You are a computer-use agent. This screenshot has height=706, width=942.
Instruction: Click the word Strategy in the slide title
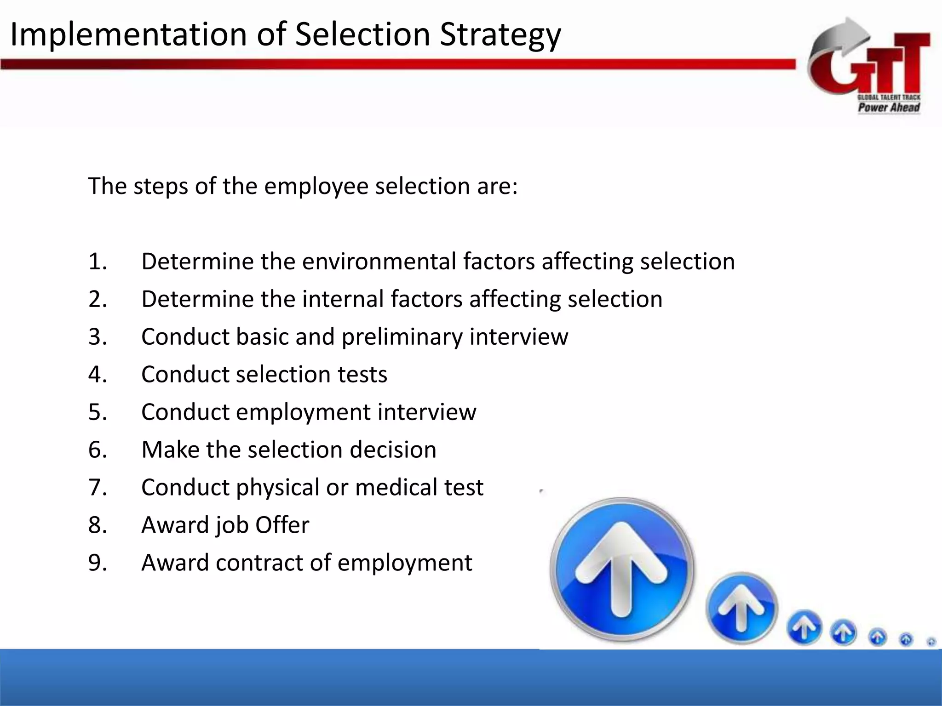pos(500,35)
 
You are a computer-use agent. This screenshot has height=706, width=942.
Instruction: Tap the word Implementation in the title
pos(128,35)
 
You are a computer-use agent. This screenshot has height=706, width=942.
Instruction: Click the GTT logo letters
pos(874,67)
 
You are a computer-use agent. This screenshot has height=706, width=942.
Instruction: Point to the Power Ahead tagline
pos(888,108)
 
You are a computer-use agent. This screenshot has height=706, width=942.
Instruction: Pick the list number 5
pos(97,412)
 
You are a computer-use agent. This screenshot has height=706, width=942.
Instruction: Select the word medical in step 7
pos(396,488)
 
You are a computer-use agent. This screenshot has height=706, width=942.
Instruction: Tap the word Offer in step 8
pos(282,525)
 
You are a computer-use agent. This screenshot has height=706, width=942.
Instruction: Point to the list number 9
pos(97,563)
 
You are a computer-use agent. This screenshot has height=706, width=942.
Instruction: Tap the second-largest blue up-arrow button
pos(741,608)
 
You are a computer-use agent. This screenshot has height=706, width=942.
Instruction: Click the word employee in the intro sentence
pos(316,187)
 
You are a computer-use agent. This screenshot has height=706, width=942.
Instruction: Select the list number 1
pos(97,262)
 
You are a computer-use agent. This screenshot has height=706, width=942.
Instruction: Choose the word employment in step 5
pos(303,412)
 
